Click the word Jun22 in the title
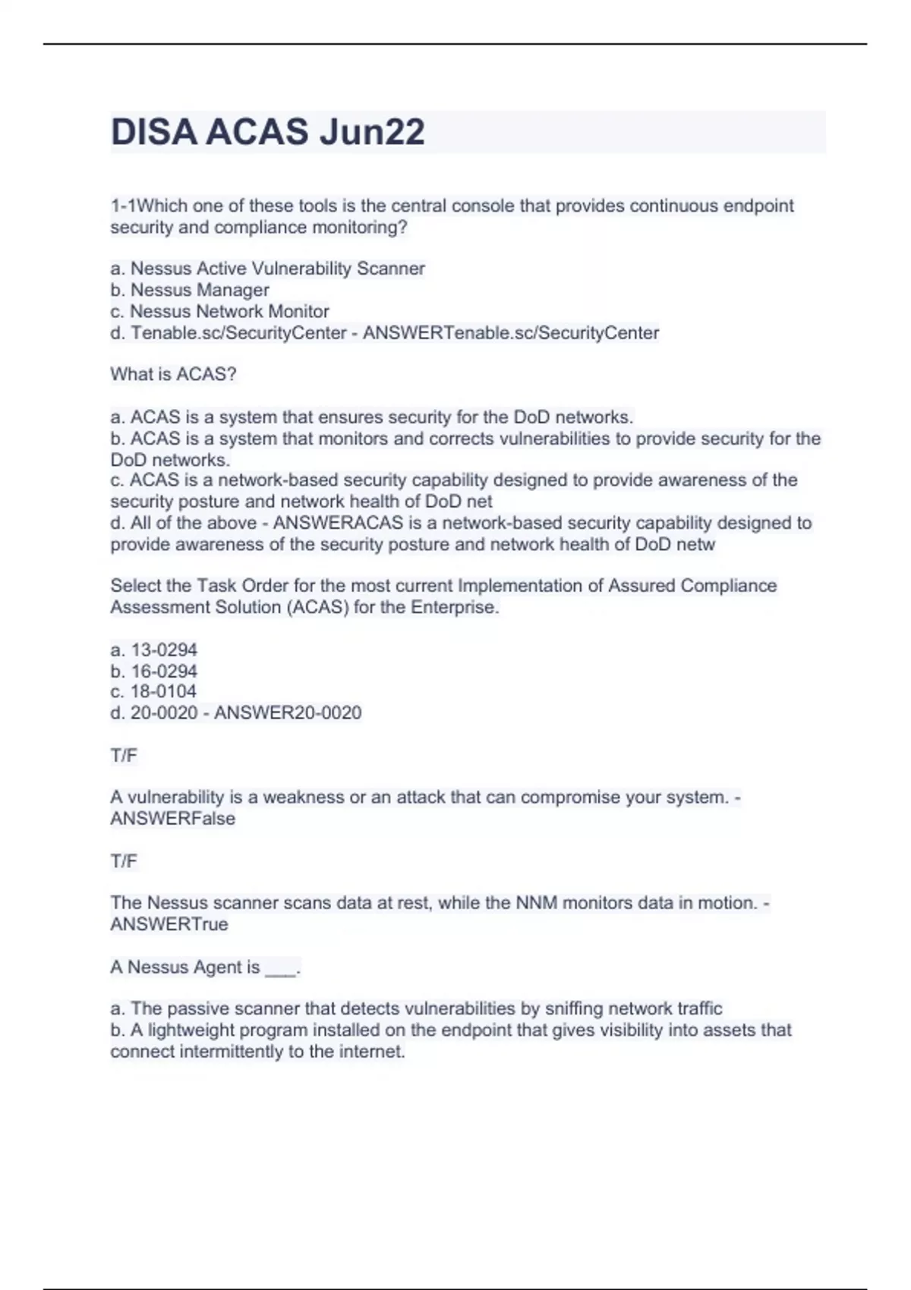tap(371, 132)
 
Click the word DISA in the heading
tap(154, 132)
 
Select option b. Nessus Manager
tap(190, 290)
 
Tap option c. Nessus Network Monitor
tap(219, 311)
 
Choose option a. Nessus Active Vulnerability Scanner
tap(267, 269)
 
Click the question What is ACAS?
tap(173, 374)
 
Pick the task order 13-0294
tap(154, 650)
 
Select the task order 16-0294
tap(154, 671)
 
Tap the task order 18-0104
tap(153, 691)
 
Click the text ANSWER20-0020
tap(288, 713)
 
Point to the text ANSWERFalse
tap(172, 818)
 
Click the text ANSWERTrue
tap(169, 924)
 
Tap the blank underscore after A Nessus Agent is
tap(282, 968)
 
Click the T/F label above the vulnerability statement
tap(124, 755)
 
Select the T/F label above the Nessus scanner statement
tap(124, 861)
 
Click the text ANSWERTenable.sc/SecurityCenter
tap(511, 332)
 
